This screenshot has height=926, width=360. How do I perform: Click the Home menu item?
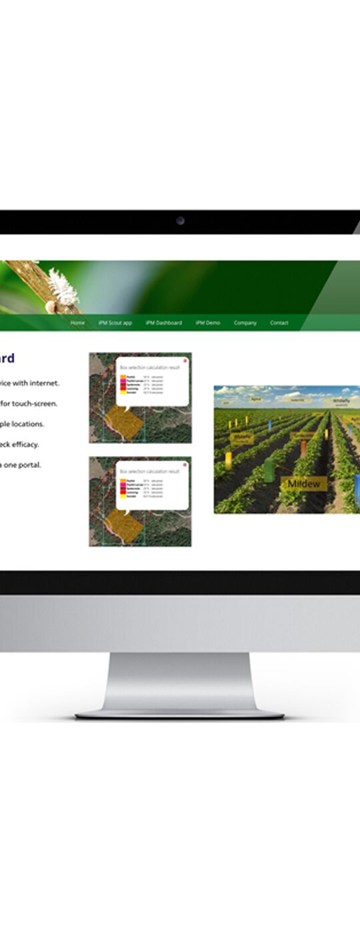tap(77, 323)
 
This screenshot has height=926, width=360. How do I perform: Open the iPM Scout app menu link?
tap(115, 323)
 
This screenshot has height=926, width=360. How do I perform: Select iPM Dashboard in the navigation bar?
tap(163, 323)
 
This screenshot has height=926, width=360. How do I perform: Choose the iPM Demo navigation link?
tap(208, 323)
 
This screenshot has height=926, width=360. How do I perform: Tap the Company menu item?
tap(245, 323)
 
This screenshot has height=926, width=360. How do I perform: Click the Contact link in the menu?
tap(279, 323)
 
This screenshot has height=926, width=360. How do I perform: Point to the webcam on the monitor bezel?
tap(180, 221)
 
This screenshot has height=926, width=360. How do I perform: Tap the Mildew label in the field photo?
tap(304, 483)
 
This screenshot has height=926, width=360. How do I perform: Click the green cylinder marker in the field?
tap(269, 471)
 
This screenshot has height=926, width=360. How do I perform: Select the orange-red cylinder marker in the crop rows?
tap(303, 447)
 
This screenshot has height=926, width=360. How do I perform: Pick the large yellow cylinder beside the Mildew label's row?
tap(228, 460)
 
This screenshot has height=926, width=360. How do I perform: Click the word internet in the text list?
tap(45, 383)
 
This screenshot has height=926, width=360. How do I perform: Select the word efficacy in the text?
tap(26, 444)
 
